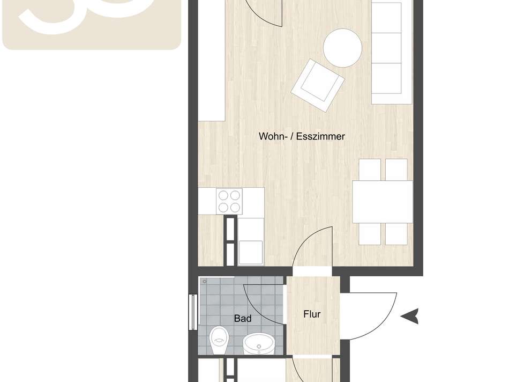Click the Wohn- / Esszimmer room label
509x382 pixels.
302,136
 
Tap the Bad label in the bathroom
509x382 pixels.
243,318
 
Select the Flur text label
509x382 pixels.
312,314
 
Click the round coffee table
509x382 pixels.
342,48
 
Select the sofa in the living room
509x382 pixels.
386,53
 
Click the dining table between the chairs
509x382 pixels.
382,202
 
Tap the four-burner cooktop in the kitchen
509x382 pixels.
229,202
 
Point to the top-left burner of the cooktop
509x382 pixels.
223,196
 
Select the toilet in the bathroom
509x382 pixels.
219,340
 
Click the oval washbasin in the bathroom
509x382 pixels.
258,344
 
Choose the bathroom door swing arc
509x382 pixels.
263,303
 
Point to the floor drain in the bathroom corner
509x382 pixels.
205,281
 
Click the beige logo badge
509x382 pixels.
92,24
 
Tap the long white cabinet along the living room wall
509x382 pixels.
212,59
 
